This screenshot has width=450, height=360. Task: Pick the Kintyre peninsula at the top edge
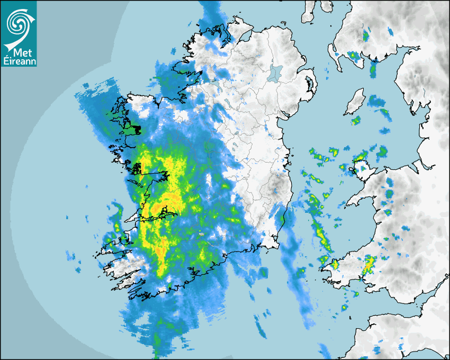tap(308, 11)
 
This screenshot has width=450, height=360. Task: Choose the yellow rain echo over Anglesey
tap(361, 157)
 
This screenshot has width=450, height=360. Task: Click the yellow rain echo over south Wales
tap(369, 263)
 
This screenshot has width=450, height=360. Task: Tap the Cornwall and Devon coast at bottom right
tap(392, 328)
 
